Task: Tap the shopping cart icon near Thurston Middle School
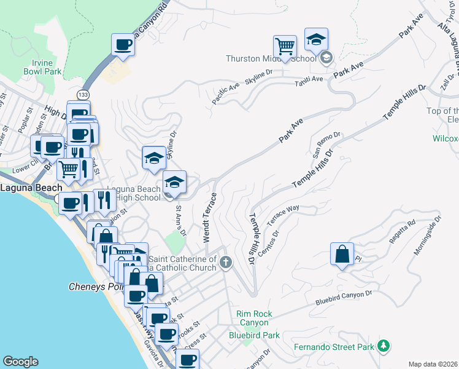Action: point(285,46)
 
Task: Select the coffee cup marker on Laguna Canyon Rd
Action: point(123,44)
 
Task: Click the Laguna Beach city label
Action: point(31,188)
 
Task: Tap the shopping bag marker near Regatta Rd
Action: point(342,253)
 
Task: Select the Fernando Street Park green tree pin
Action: point(384,346)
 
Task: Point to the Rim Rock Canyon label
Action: point(253,318)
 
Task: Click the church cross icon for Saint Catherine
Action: point(226,263)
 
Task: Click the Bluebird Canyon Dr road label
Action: point(344,298)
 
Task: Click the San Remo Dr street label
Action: point(328,144)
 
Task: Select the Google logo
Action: point(20,361)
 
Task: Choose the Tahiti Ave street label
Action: point(309,80)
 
